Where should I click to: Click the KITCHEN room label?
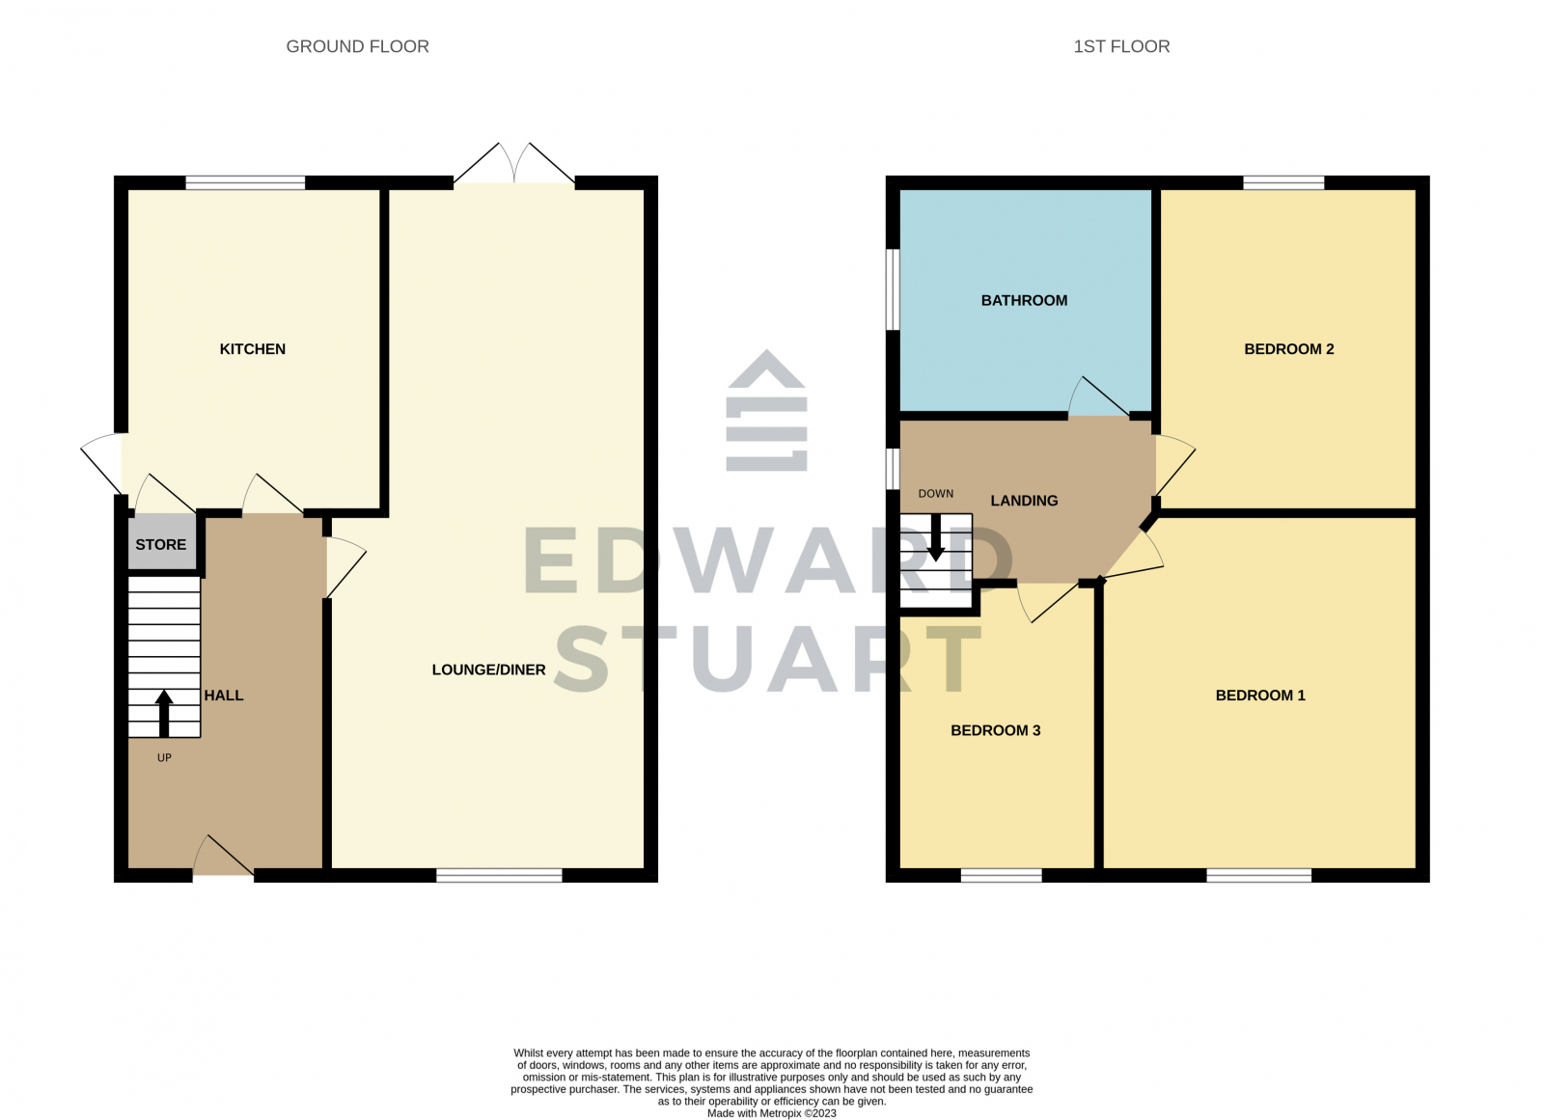[252, 349]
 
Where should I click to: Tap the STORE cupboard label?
[160, 545]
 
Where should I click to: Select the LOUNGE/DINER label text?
[488, 669]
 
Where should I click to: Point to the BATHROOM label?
[1024, 301]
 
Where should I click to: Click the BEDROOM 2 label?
[1288, 349]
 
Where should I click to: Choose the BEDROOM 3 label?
[995, 730]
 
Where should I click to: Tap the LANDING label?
[1024, 501]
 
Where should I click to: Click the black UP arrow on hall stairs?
[164, 713]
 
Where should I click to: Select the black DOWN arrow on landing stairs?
[935, 537]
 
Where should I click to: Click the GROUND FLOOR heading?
[357, 46]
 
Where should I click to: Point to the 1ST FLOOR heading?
[1121, 46]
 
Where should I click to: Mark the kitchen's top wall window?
[245, 182]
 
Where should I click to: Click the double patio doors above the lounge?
[514, 166]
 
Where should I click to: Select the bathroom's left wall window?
[893, 289]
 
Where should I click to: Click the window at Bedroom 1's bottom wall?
[1258, 875]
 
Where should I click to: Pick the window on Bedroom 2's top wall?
[1283, 182]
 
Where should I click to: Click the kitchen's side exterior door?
[102, 463]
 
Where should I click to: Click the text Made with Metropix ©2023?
[771, 1113]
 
